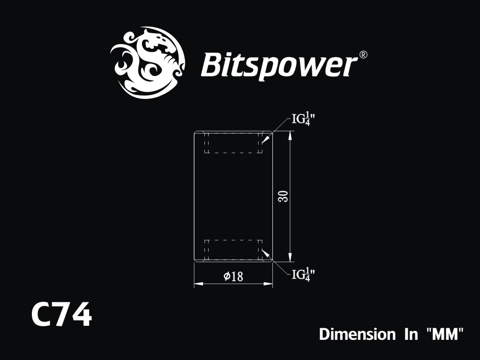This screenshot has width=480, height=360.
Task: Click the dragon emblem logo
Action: coord(148,63)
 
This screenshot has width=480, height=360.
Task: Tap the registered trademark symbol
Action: coord(363,55)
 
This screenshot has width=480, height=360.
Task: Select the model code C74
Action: coord(61,315)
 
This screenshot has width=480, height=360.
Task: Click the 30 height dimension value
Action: coord(284,196)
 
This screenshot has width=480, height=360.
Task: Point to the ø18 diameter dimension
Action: coord(233,277)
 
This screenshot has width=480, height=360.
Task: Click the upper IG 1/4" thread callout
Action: coord(303,119)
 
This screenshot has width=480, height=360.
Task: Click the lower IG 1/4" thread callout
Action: coord(303,275)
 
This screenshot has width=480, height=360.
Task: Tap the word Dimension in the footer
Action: coord(357,334)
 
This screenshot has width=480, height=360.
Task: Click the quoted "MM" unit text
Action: coord(445,334)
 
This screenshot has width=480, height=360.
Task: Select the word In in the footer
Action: coord(411,334)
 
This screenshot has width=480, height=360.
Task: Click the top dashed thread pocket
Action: coord(233,142)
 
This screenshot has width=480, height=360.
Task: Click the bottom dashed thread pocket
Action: coord(233,250)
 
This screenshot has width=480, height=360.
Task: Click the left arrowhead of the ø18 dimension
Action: coord(198,284)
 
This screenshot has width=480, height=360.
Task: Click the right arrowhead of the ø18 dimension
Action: coord(268,284)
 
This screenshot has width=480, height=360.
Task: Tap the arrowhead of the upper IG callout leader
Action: coord(264,140)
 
